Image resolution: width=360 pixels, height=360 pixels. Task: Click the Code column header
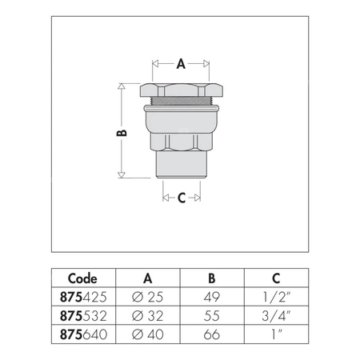83,279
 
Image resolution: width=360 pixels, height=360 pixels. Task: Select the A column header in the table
148,279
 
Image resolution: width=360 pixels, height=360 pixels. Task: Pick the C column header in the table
276,279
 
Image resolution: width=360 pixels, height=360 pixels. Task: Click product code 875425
83,295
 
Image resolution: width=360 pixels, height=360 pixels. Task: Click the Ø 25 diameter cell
147,295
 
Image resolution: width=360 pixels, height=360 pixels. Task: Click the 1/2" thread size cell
276,295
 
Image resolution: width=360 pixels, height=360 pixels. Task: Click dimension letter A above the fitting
182,61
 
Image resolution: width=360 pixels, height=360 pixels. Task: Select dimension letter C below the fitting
182,198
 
